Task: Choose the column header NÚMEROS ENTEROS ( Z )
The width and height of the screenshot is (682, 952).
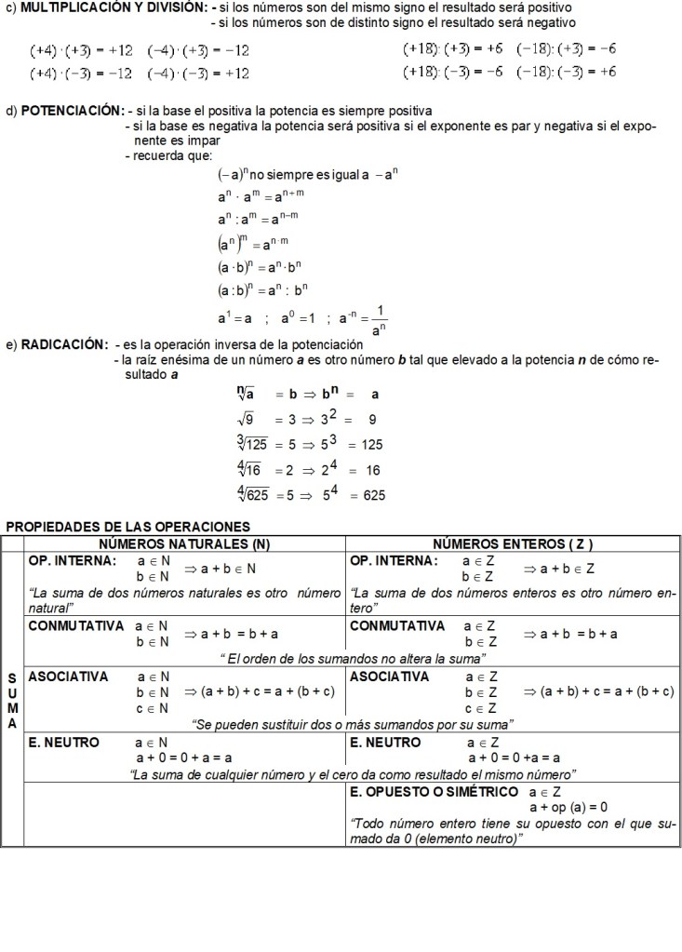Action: (513, 543)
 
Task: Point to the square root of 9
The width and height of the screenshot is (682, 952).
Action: (247, 419)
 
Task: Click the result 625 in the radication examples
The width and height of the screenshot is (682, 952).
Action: (373, 495)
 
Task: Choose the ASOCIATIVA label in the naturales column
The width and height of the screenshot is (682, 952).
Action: (68, 677)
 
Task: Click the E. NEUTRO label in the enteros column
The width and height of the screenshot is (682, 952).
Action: (385, 743)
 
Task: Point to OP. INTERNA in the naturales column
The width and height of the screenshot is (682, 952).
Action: (73, 561)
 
